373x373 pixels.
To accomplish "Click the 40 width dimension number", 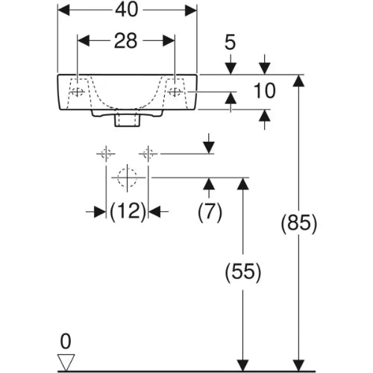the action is (x=126, y=10).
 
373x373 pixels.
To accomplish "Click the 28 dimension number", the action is (x=125, y=41).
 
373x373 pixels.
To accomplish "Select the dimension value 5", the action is (x=230, y=43).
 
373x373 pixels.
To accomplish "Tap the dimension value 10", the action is (x=265, y=90).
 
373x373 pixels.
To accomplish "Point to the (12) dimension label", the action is (x=128, y=212).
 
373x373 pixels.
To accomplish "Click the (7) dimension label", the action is (x=210, y=212).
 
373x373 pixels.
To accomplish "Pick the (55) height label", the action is (x=243, y=272).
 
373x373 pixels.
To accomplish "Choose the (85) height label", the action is (x=299, y=223).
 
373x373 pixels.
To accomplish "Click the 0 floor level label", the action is (x=66, y=342).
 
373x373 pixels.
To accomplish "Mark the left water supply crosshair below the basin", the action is (x=106, y=154).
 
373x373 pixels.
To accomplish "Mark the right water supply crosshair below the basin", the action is (x=148, y=154).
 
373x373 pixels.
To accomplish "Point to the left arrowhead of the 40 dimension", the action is (x=63, y=10).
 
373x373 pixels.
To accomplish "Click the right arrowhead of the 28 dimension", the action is (x=169, y=41).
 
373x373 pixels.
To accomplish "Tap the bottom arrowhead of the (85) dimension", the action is (x=298, y=366).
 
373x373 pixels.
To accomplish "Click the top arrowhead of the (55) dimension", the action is (x=243, y=184).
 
